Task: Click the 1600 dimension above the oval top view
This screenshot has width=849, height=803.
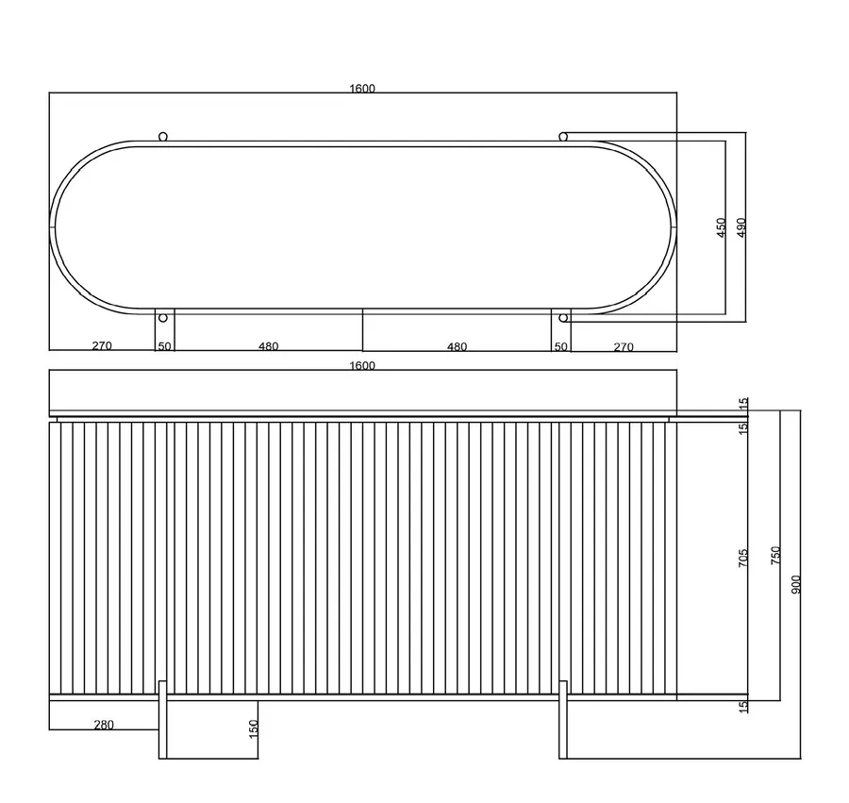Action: click(x=362, y=89)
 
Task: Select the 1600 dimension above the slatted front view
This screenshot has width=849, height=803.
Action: click(x=362, y=365)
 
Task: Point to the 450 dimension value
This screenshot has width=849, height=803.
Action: click(x=722, y=227)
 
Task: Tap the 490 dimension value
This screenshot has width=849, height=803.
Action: click(x=741, y=227)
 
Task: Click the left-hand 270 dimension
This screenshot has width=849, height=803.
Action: click(x=102, y=345)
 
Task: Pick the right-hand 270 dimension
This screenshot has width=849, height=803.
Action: click(x=624, y=346)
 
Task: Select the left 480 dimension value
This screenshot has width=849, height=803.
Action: click(x=269, y=346)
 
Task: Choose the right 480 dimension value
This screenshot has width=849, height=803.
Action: click(x=457, y=346)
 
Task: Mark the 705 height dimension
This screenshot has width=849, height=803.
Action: click(x=743, y=558)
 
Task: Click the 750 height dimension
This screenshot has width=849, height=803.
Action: click(x=776, y=556)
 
